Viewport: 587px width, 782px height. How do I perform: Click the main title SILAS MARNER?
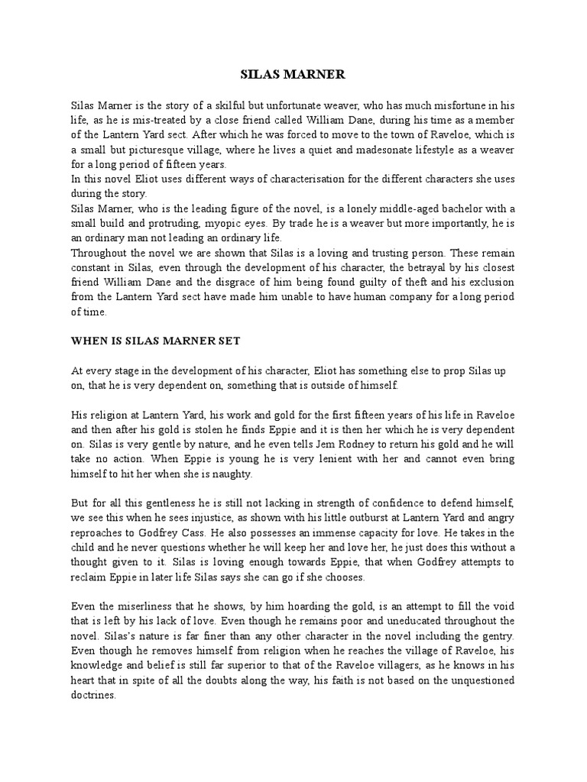click(293, 74)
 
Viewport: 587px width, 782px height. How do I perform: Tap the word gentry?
click(496, 635)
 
